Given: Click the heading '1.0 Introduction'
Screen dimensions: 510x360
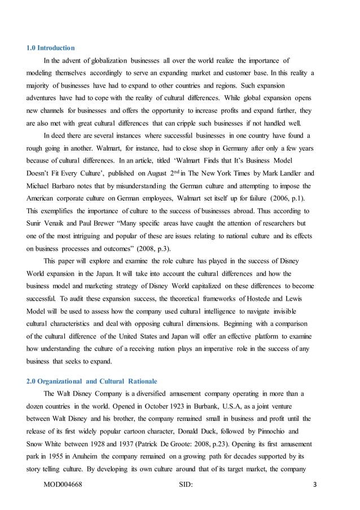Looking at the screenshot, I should (51, 48).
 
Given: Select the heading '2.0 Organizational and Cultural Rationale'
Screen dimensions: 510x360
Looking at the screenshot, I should (92, 381).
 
